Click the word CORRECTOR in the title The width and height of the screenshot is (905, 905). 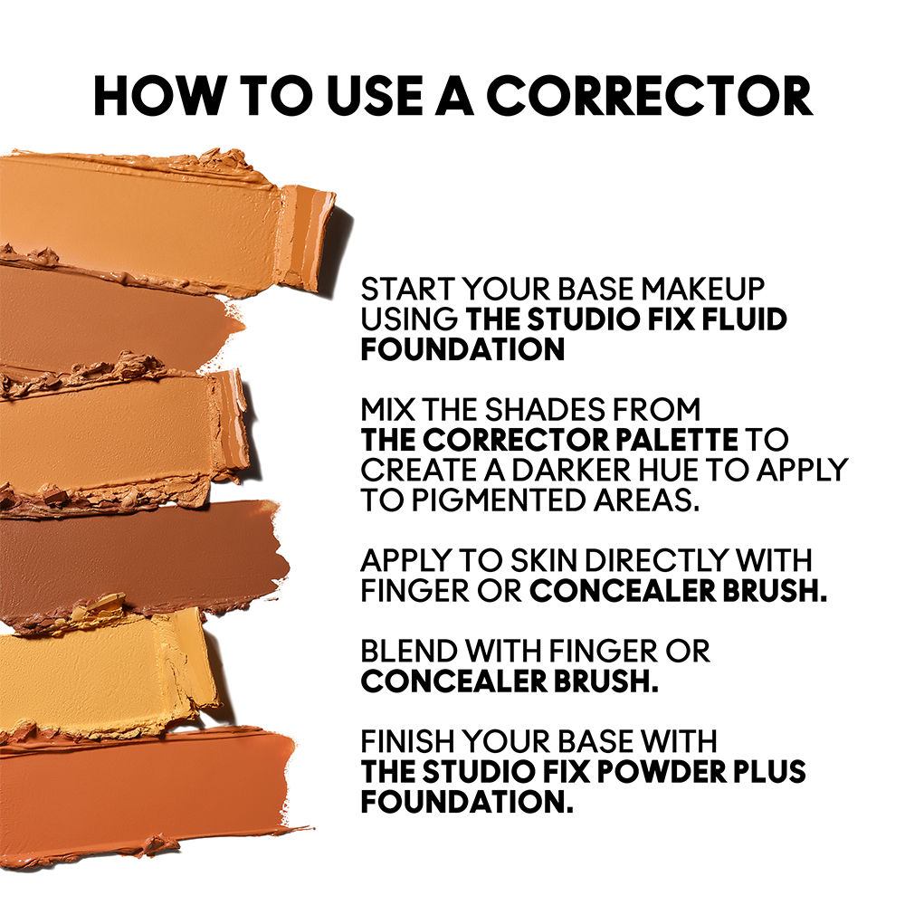pos(650,96)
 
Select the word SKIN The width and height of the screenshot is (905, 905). pos(543,560)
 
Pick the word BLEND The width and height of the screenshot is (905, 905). pos(410,651)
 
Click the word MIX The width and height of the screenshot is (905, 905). pos(387,410)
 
